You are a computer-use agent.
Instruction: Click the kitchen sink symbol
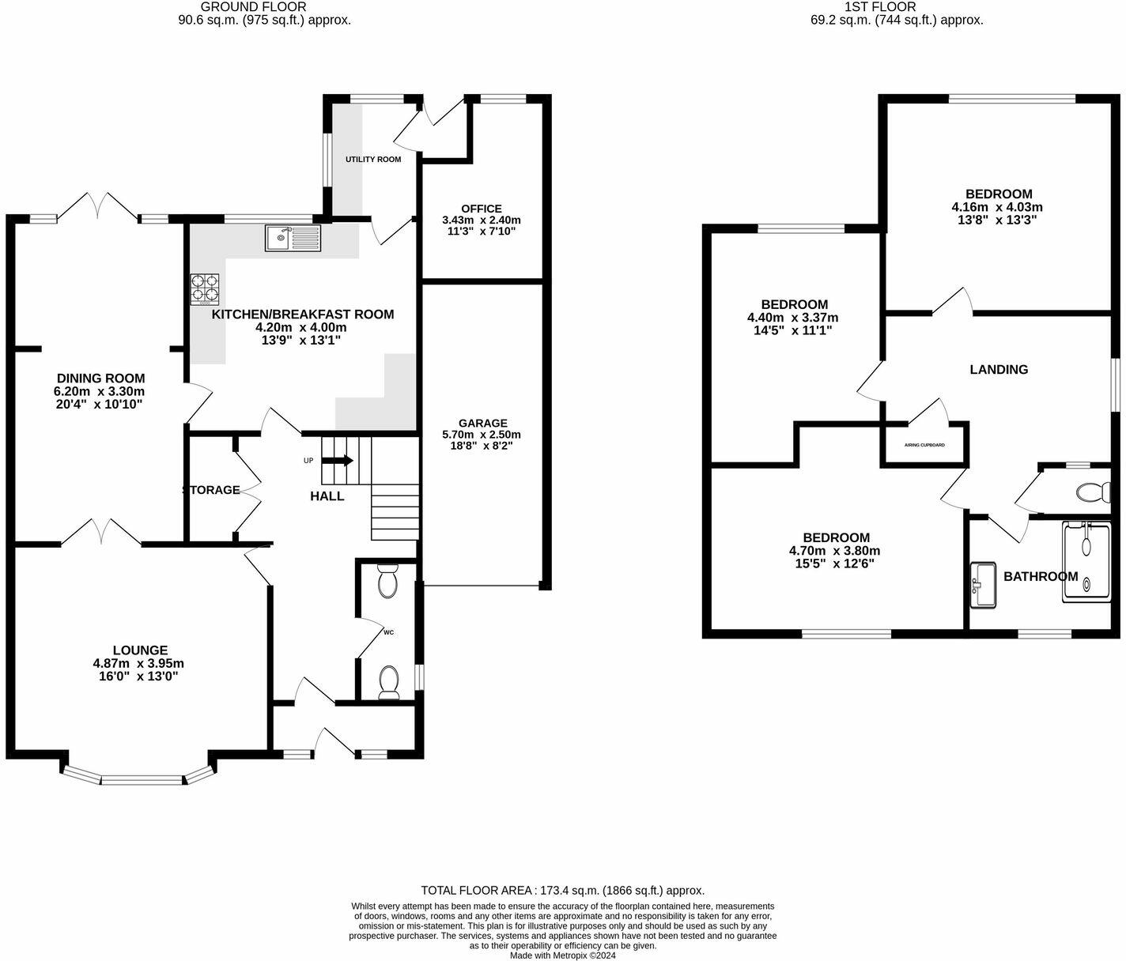point(293,238)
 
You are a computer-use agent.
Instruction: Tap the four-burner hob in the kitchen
point(206,289)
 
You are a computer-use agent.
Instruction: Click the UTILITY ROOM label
point(373,160)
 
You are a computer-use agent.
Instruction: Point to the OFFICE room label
point(482,209)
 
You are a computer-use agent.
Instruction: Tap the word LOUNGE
point(139,650)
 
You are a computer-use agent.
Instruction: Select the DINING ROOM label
point(100,379)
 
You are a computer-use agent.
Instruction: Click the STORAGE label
point(211,490)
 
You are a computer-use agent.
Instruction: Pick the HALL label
point(327,496)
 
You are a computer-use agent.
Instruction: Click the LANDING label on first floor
point(999,369)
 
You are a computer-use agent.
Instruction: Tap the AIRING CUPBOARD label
point(924,445)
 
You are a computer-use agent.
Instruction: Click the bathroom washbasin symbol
point(984,585)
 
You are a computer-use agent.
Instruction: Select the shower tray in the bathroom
point(1087,561)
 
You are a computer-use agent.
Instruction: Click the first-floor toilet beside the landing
point(1092,492)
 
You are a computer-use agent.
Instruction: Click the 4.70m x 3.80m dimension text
point(834,551)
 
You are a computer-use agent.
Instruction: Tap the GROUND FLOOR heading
point(264,7)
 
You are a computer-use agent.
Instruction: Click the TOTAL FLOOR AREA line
point(562,890)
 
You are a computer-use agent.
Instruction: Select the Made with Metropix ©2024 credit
point(562,955)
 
